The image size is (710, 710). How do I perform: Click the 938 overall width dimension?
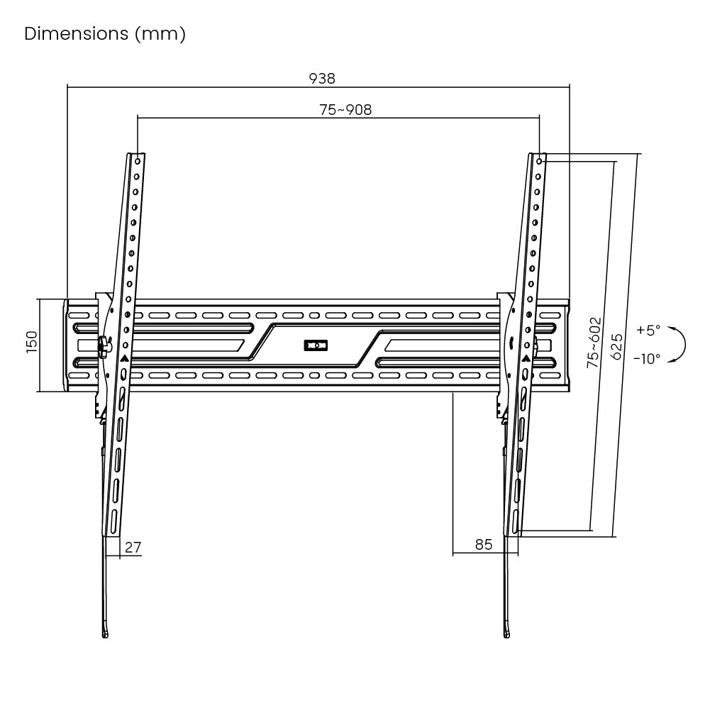pyautogui.click(x=322, y=78)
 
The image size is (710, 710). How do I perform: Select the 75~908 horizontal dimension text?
pyautogui.click(x=345, y=109)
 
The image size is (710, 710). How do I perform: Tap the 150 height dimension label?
pyautogui.click(x=31, y=342)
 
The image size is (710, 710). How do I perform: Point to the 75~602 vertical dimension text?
pyautogui.click(x=594, y=343)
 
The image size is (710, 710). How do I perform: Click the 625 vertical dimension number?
pyautogui.click(x=616, y=346)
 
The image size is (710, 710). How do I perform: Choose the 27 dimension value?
pyautogui.click(x=133, y=548)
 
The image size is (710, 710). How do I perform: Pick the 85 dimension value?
pyautogui.click(x=484, y=544)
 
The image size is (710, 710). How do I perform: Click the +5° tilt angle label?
pyautogui.click(x=648, y=330)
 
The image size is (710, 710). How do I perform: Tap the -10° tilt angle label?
pyautogui.click(x=647, y=359)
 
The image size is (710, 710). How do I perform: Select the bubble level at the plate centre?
pyautogui.click(x=316, y=345)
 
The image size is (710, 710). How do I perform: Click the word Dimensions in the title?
pyautogui.click(x=77, y=33)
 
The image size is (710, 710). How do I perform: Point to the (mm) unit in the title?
pyautogui.click(x=160, y=34)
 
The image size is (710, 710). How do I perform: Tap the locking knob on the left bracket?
pyautogui.click(x=104, y=345)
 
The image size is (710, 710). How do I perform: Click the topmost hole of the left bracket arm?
pyautogui.click(x=138, y=161)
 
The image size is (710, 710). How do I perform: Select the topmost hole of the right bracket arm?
pyautogui.click(x=539, y=161)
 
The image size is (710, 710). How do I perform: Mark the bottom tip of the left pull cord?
pyautogui.click(x=105, y=636)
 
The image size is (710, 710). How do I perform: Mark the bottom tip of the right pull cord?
pyautogui.click(x=506, y=636)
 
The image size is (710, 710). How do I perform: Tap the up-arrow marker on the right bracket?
pyautogui.click(x=526, y=359)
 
